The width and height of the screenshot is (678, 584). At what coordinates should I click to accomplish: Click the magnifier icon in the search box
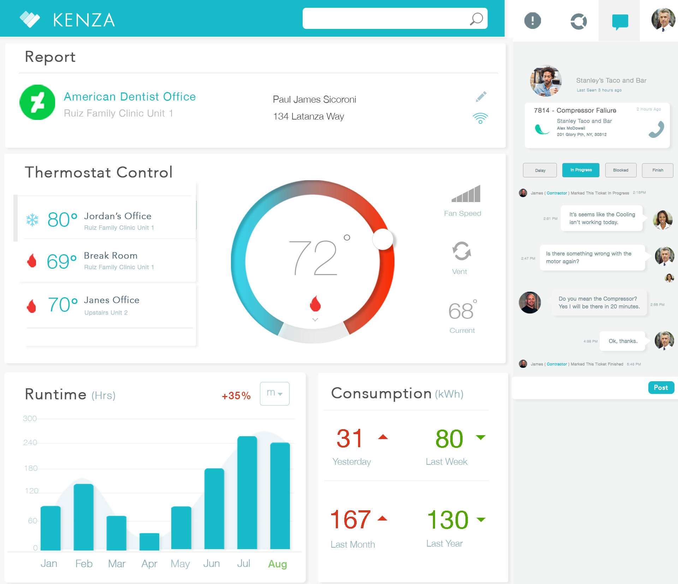(476, 19)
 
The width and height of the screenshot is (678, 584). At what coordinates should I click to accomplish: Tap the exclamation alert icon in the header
(533, 20)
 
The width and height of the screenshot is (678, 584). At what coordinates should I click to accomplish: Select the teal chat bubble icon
(620, 22)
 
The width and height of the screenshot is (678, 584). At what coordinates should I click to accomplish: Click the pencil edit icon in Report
(481, 97)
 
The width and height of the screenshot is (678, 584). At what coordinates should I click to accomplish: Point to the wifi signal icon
(480, 118)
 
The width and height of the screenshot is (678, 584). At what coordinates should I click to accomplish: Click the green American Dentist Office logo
(37, 102)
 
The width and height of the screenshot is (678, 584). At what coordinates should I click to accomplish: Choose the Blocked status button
(620, 170)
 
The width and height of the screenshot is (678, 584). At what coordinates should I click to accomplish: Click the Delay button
(540, 170)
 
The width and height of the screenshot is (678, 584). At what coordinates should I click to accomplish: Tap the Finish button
(658, 170)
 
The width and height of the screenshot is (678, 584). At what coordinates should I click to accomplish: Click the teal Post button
(661, 388)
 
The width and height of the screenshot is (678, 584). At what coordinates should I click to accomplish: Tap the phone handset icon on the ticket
(656, 129)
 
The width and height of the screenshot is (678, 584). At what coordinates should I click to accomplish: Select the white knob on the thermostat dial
(383, 239)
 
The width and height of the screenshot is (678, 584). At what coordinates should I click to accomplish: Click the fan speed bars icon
(466, 194)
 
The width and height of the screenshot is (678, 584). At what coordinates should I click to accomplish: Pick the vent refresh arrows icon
(462, 251)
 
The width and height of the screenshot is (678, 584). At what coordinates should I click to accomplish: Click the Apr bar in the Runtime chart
(149, 542)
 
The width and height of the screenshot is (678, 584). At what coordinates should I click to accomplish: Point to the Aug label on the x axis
(278, 564)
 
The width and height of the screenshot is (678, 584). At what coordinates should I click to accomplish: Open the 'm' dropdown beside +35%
(275, 394)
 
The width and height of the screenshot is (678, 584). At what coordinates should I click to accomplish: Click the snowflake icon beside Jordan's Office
(32, 220)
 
